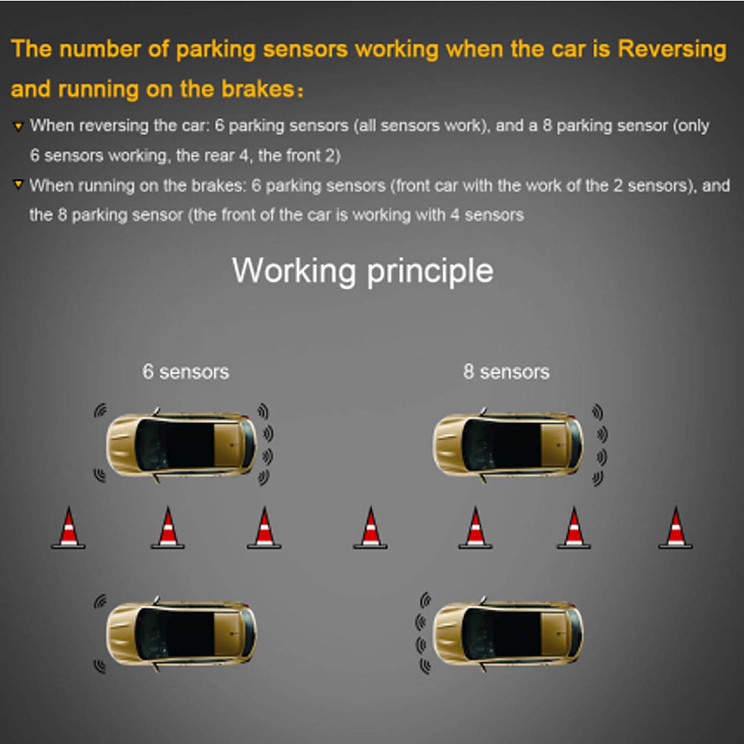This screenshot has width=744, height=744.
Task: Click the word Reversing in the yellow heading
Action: (x=672, y=50)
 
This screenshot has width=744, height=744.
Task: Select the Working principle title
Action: (x=362, y=271)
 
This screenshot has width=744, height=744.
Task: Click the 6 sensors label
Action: (x=186, y=372)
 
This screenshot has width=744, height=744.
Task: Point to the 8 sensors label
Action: (x=506, y=372)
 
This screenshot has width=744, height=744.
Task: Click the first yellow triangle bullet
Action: (x=18, y=126)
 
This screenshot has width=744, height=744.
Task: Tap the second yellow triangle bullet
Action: (x=18, y=185)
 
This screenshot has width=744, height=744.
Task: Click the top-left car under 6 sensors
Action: (x=181, y=445)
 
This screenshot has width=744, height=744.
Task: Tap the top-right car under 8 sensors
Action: (x=508, y=445)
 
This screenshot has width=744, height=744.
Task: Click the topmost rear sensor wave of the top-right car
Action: (x=598, y=412)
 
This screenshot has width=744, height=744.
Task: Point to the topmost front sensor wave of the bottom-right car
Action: (x=425, y=600)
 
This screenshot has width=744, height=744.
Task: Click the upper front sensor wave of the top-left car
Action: (x=100, y=411)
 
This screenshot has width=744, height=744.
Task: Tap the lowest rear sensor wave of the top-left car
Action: (x=263, y=477)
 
